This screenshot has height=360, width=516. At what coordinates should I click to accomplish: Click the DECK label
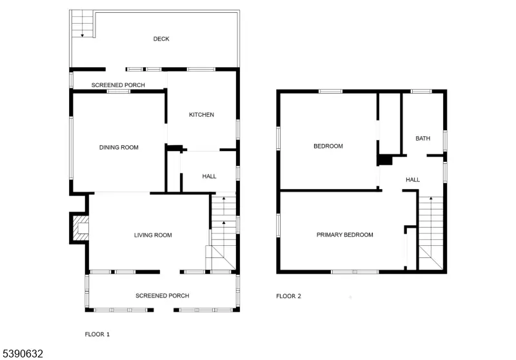pyautogui.click(x=161, y=39)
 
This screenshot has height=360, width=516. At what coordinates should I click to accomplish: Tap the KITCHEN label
pyautogui.click(x=201, y=115)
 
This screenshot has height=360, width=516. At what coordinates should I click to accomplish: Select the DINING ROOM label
pyautogui.click(x=119, y=147)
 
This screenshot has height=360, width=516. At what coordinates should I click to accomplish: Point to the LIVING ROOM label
pyautogui.click(x=153, y=235)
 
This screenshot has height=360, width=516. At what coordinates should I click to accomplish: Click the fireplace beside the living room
pyautogui.click(x=80, y=228)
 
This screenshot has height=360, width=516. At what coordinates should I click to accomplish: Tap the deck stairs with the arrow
pyautogui.click(x=82, y=25)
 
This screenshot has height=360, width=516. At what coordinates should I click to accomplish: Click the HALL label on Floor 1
pyautogui.click(x=209, y=176)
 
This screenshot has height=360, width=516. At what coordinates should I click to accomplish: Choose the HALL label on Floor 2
pyautogui.click(x=413, y=179)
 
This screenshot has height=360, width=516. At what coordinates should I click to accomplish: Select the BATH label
pyautogui.click(x=422, y=138)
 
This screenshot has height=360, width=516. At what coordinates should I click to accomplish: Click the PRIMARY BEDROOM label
pyautogui.click(x=344, y=235)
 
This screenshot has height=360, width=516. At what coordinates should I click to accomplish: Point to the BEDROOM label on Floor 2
pyautogui.click(x=328, y=146)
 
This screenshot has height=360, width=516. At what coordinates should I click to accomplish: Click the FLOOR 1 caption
pyautogui.click(x=97, y=334)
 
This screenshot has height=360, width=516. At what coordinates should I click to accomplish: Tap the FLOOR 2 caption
pyautogui.click(x=288, y=296)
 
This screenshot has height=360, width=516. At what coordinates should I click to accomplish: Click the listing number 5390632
pyautogui.click(x=23, y=354)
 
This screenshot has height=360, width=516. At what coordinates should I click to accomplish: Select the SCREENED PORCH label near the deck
pyautogui.click(x=118, y=85)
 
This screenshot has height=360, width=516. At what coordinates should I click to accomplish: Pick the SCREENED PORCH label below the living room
pyautogui.click(x=162, y=295)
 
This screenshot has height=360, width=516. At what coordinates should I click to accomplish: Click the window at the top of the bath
pyautogui.click(x=421, y=91)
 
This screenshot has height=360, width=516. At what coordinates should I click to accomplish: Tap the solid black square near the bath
pyautogui.click(x=385, y=160)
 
